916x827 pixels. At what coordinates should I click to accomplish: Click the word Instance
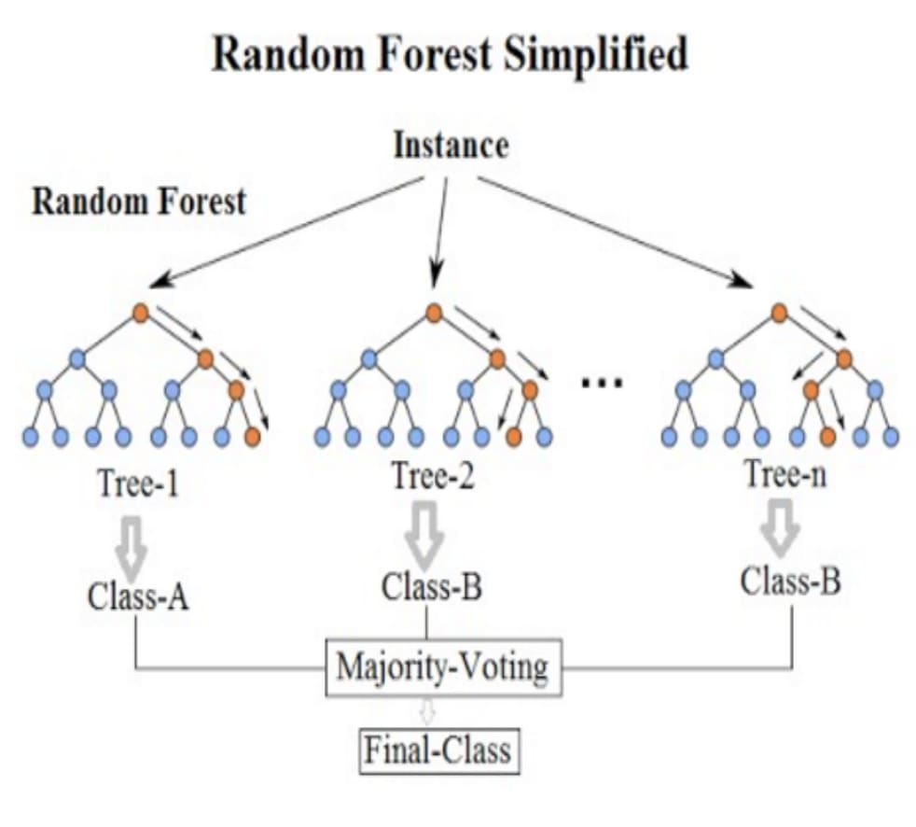[451, 145]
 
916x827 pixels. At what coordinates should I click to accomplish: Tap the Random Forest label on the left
[139, 201]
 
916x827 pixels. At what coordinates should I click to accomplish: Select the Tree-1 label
[138, 483]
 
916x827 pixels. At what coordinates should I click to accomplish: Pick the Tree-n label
[786, 472]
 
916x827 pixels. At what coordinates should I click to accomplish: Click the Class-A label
[138, 596]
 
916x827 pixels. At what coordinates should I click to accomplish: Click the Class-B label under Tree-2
[432, 586]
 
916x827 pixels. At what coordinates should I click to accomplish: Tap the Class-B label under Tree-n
[790, 581]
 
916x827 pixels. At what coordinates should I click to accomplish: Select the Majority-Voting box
[443, 667]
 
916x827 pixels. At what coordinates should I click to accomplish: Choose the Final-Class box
[438, 751]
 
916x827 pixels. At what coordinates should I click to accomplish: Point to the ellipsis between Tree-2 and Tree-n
[602, 383]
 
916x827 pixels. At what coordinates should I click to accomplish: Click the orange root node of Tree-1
[140, 313]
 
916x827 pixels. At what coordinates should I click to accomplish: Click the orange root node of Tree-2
[434, 314]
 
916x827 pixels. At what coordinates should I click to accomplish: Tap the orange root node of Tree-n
[779, 313]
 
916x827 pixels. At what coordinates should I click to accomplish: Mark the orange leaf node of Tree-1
[253, 437]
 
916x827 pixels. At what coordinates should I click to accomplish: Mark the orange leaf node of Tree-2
[513, 437]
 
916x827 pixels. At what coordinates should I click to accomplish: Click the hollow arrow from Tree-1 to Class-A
[131, 548]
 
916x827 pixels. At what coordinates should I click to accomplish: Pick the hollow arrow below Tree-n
[780, 527]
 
